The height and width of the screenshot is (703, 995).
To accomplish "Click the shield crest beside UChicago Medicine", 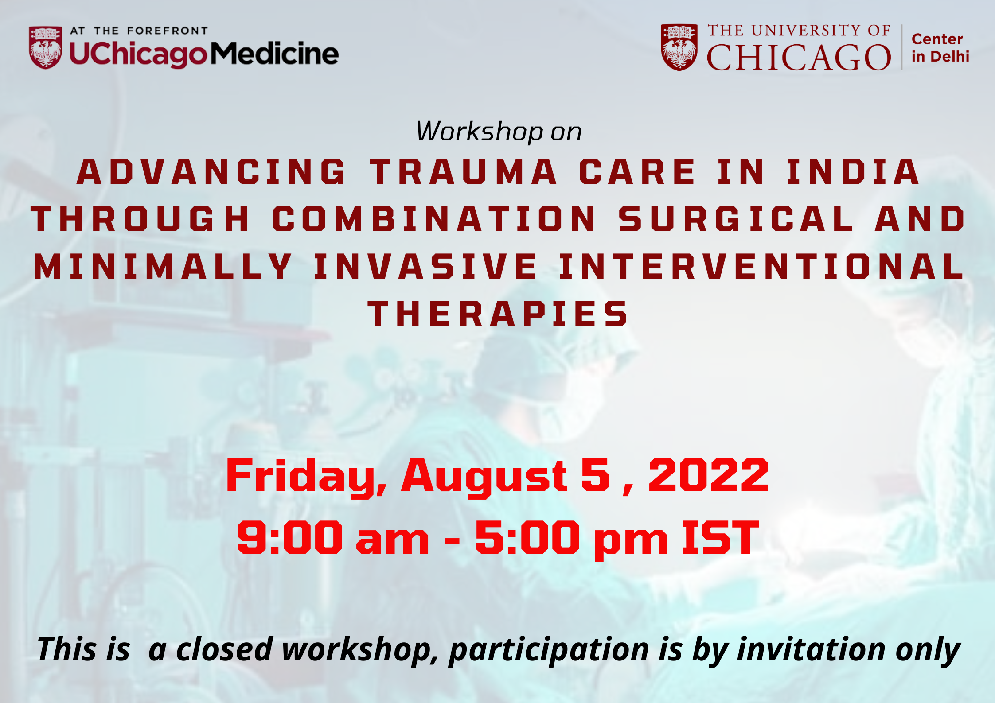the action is (46, 47).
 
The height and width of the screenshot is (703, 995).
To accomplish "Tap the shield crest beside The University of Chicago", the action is (679, 47).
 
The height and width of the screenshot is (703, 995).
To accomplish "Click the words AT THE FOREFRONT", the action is (139, 31).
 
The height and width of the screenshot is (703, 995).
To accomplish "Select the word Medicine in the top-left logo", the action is (274, 54).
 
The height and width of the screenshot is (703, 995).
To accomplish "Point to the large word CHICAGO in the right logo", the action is (799, 58).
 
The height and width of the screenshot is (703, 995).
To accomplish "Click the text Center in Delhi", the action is (940, 48).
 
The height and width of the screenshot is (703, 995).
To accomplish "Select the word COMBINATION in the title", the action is (434, 219).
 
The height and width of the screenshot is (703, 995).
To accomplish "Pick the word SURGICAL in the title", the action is (736, 219).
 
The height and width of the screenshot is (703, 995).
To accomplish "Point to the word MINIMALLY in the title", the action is (163, 266).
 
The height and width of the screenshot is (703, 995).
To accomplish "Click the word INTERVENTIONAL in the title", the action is (761, 266).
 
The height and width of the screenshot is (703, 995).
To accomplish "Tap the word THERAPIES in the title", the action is (498, 314).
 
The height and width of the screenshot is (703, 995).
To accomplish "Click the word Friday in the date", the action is (306, 476).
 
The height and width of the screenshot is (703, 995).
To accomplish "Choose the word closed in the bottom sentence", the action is (224, 649).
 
